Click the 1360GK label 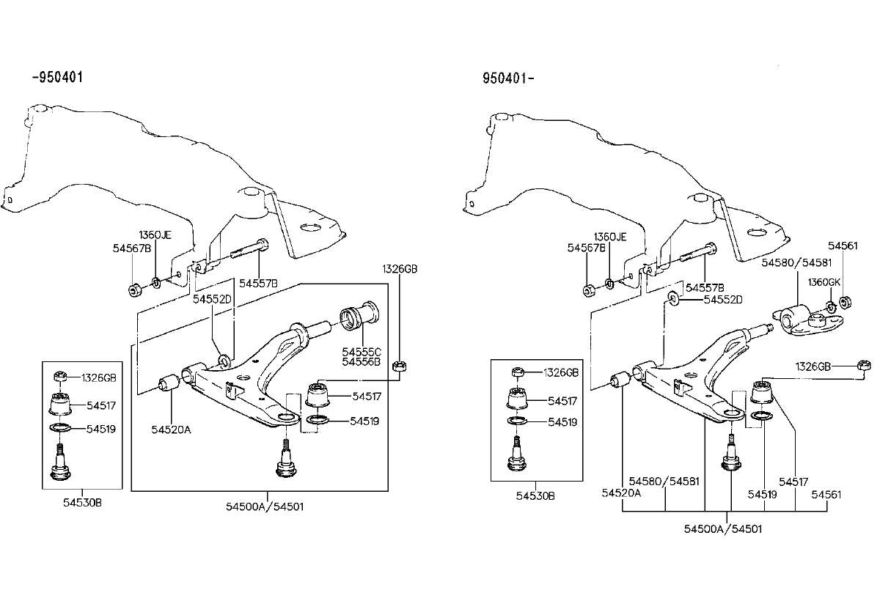[824, 281]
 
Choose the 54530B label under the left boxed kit [81, 502]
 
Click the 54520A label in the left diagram [172, 429]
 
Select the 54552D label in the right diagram [723, 299]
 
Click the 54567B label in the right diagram [586, 248]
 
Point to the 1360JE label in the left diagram [156, 235]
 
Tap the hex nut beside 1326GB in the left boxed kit [62, 377]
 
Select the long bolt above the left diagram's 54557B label [246, 254]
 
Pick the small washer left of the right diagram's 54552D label [673, 298]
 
